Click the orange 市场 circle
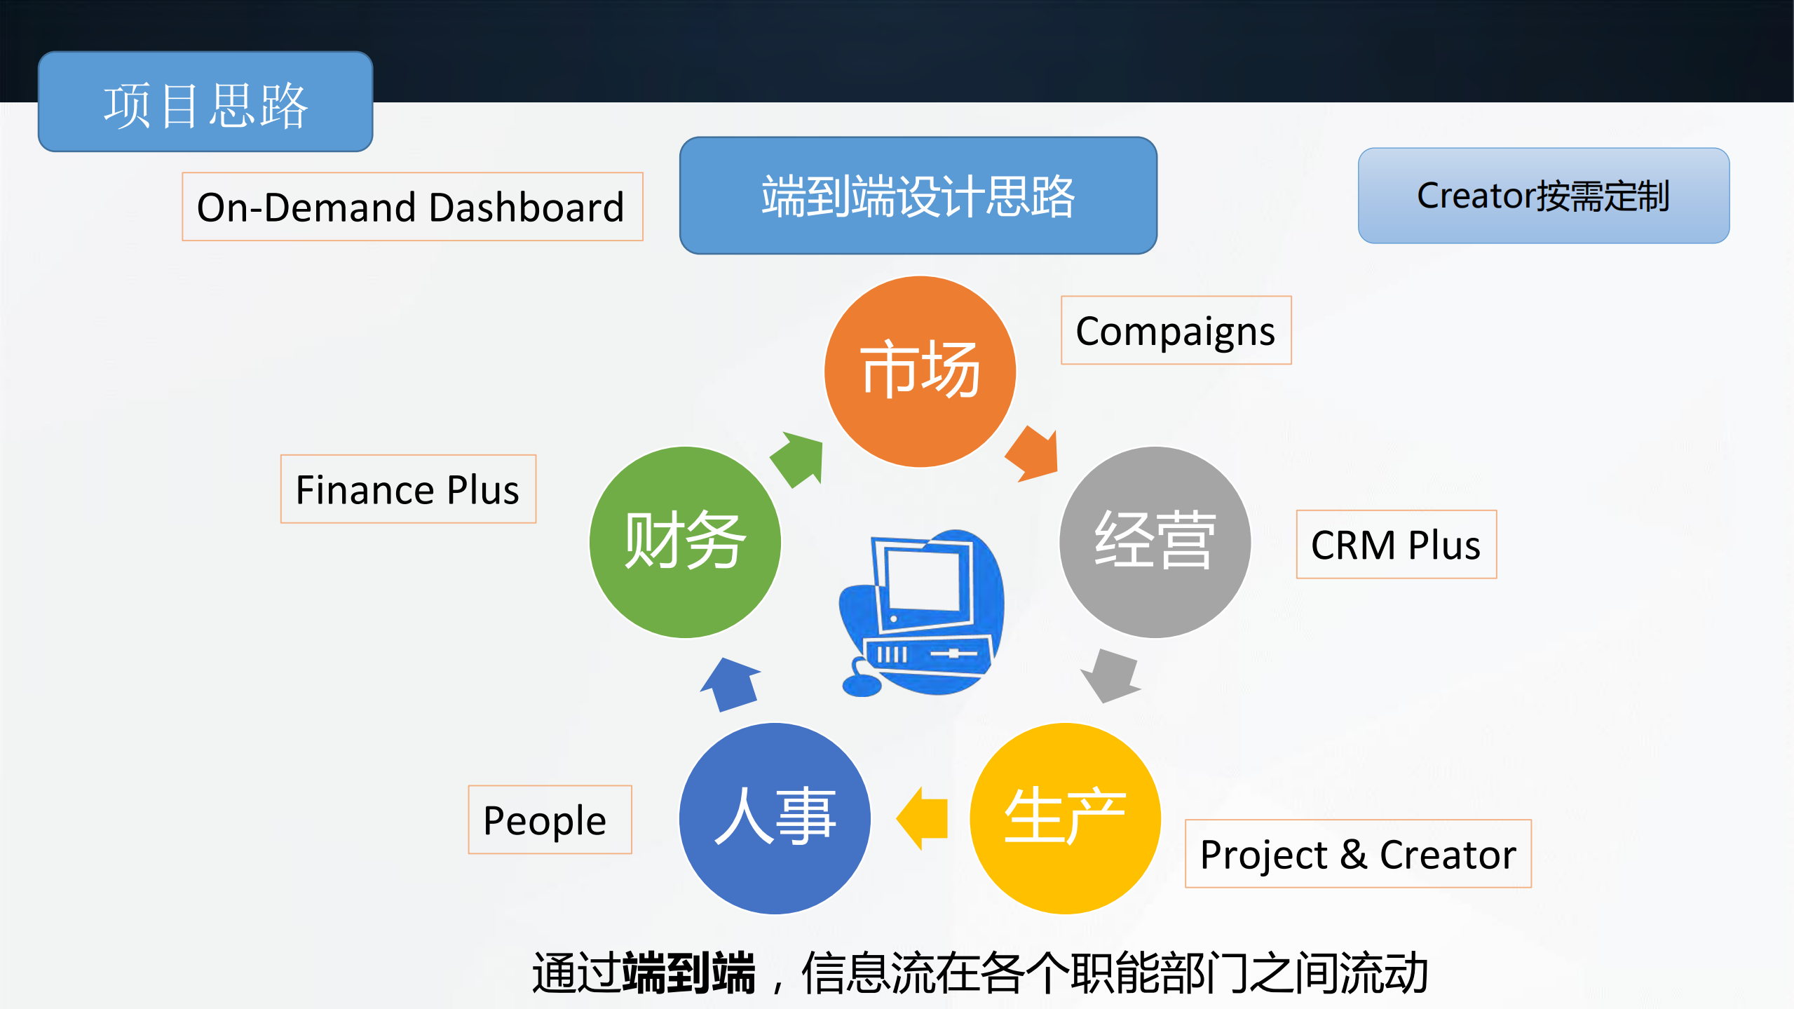(919, 371)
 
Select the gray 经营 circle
(1154, 542)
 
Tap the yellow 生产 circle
(1065, 818)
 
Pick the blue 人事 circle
(775, 818)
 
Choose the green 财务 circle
(685, 542)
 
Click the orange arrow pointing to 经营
(1033, 454)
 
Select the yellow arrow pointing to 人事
(924, 818)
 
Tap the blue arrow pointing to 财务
(731, 684)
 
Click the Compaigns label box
(1176, 330)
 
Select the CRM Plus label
(1396, 544)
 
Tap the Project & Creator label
(1358, 853)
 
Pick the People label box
(550, 819)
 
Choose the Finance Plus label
(408, 489)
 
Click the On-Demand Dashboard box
(412, 206)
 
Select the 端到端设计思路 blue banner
(918, 195)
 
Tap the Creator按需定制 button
(1543, 195)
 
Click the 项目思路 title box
(205, 102)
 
